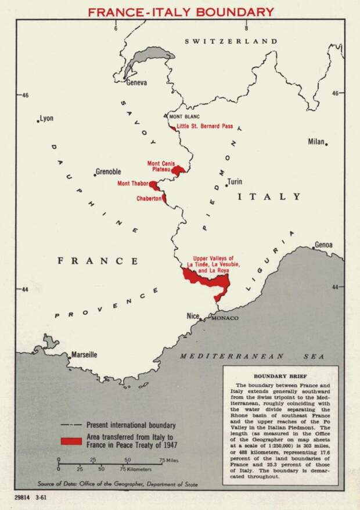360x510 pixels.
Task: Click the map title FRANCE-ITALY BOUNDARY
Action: (x=180, y=12)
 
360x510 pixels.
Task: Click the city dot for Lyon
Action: (x=38, y=121)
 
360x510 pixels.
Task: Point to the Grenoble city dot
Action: (x=95, y=175)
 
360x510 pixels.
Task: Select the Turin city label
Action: (x=235, y=182)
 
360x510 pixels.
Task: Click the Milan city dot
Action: (x=326, y=144)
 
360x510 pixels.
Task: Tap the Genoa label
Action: (x=323, y=245)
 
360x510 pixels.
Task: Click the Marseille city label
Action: (x=84, y=355)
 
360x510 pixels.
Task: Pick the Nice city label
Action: (x=192, y=316)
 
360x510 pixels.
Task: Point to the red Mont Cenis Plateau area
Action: (x=179, y=170)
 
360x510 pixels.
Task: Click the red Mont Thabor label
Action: (x=133, y=184)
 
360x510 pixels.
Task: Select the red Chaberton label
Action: (x=149, y=199)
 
